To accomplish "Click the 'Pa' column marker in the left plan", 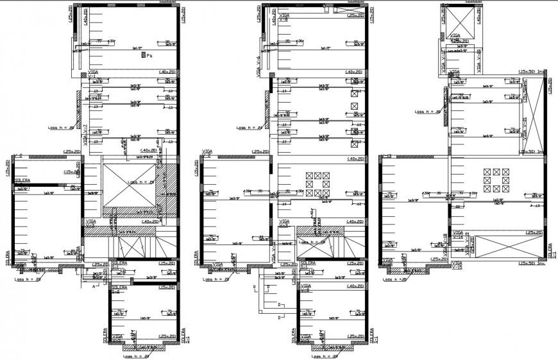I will (x=146, y=56).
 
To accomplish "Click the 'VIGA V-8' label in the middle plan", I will (x=282, y=17).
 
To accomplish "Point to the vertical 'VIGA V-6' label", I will (x=259, y=66).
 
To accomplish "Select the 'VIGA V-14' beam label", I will (x=458, y=235).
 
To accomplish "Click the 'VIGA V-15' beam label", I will (x=457, y=266).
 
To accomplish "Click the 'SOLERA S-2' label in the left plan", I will (x=118, y=289).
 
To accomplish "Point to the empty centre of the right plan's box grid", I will (x=496, y=180).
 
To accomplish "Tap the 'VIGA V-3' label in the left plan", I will (x=89, y=223).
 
